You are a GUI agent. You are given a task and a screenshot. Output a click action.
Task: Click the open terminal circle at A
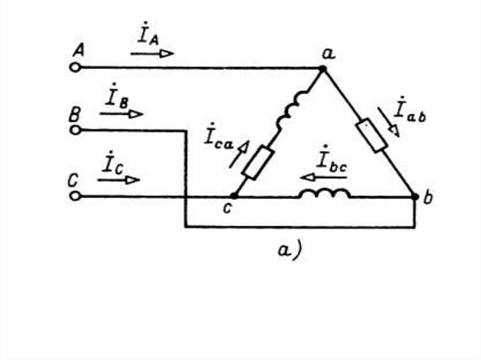click(x=75, y=68)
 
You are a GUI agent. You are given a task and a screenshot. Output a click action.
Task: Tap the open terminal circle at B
click(x=75, y=130)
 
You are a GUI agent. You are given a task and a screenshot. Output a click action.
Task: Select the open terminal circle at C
click(x=75, y=196)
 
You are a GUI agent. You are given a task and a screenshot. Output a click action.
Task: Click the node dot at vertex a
click(x=322, y=69)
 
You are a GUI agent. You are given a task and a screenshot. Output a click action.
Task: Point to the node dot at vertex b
click(x=415, y=197)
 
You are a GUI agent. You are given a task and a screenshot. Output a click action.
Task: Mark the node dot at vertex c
click(x=233, y=196)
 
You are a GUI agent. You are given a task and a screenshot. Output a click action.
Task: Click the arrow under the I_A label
click(x=152, y=54)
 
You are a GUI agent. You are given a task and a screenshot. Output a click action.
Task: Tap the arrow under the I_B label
click(x=121, y=114)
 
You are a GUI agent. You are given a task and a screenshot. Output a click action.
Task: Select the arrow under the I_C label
click(x=118, y=180)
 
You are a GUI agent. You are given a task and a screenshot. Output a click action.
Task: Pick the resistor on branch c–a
click(x=259, y=163)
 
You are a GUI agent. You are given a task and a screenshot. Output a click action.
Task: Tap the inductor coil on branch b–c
click(x=325, y=193)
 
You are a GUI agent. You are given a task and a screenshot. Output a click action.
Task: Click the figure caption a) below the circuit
click(x=289, y=250)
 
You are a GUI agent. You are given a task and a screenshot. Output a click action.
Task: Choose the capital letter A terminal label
click(x=78, y=50)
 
